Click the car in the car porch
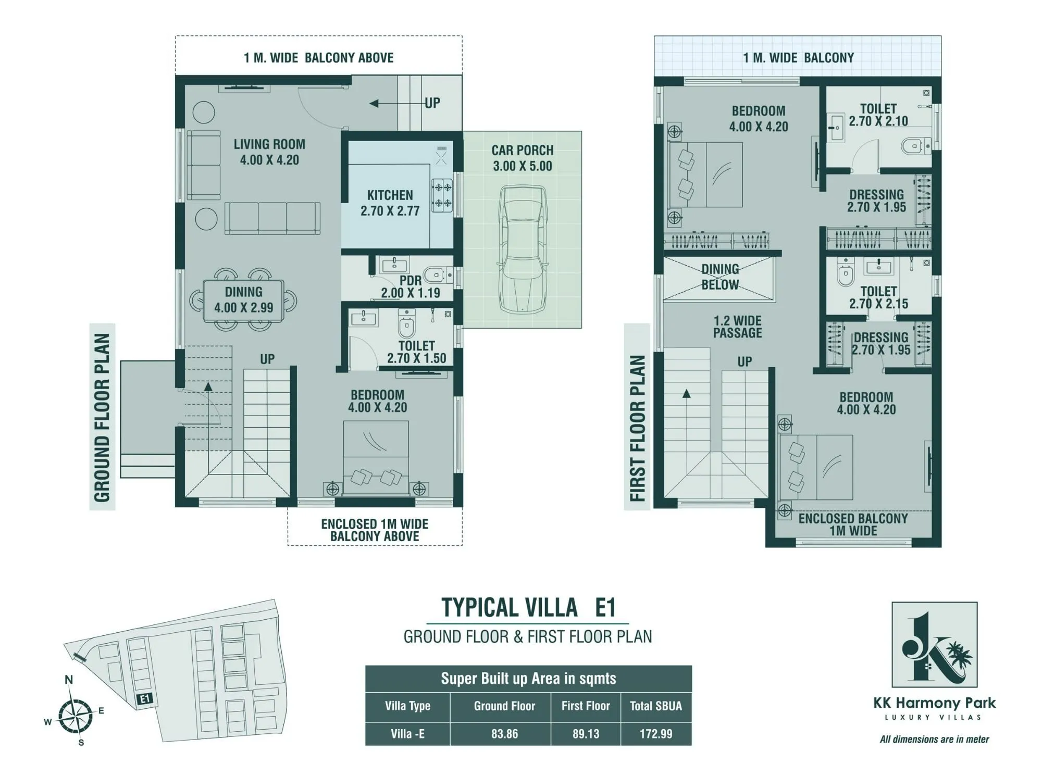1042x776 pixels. point(524,250)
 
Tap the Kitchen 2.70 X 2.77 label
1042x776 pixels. point(390,203)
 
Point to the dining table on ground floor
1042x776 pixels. point(243,300)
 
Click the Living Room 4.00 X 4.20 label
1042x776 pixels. point(269,152)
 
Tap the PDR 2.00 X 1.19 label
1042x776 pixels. point(411,287)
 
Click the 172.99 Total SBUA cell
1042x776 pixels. point(655,734)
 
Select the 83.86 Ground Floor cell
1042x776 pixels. point(504,734)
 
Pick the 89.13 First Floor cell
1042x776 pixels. point(586,734)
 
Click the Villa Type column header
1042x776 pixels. point(407,706)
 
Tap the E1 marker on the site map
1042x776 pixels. point(144,699)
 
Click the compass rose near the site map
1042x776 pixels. point(75,717)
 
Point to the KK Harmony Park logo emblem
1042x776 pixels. point(934,645)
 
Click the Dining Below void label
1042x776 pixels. point(720,277)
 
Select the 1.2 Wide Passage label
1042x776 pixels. point(737,327)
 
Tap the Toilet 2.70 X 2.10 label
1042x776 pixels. point(878,115)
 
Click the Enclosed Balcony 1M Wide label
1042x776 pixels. point(853,524)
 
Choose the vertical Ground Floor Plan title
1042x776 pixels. point(102,417)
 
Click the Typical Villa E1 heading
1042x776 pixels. point(528,608)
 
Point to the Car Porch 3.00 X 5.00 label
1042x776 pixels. point(523,158)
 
